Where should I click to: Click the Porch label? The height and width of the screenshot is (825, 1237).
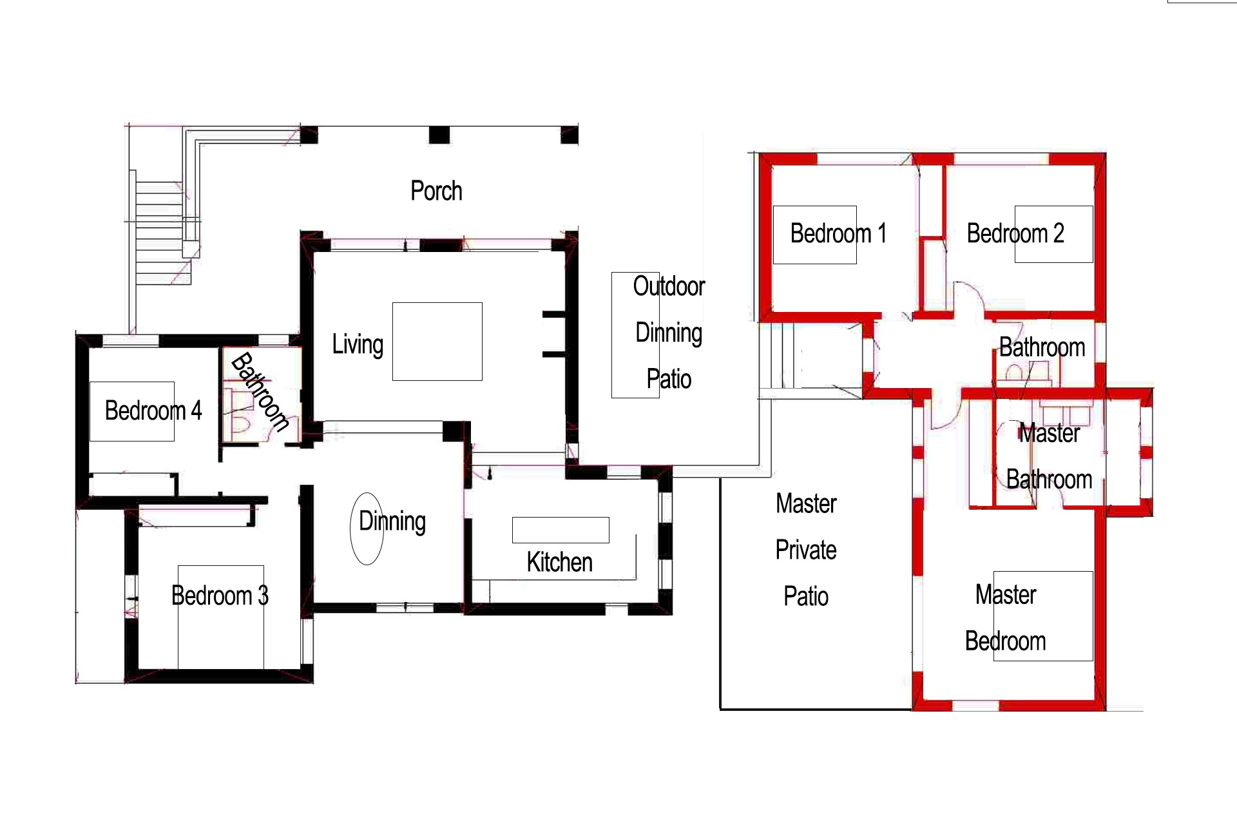pyautogui.click(x=436, y=191)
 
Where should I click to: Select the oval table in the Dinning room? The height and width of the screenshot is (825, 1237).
pyautogui.click(x=367, y=529)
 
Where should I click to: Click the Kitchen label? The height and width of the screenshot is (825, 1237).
pyautogui.click(x=559, y=563)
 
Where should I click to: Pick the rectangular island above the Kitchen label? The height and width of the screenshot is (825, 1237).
pyautogui.click(x=561, y=530)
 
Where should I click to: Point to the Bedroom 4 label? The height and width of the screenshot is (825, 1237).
pyautogui.click(x=153, y=411)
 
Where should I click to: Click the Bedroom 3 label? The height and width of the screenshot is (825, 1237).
pyautogui.click(x=220, y=596)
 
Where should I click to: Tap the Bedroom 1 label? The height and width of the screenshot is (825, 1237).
pyautogui.click(x=838, y=233)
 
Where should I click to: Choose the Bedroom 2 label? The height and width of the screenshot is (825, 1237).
pyautogui.click(x=1015, y=233)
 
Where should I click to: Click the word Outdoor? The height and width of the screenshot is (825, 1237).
pyautogui.click(x=669, y=286)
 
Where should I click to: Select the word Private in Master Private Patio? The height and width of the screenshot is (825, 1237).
pyautogui.click(x=806, y=550)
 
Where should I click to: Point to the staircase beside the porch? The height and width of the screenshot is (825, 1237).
pyautogui.click(x=160, y=233)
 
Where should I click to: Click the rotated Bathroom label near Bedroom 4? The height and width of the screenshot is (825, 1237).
pyautogui.click(x=260, y=392)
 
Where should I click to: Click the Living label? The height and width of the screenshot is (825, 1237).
pyautogui.click(x=358, y=344)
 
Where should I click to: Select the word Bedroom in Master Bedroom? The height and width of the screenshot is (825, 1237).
pyautogui.click(x=1005, y=641)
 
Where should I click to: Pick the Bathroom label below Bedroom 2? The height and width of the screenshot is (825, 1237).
pyautogui.click(x=1042, y=348)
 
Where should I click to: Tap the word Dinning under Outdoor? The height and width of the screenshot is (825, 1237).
pyautogui.click(x=669, y=333)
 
